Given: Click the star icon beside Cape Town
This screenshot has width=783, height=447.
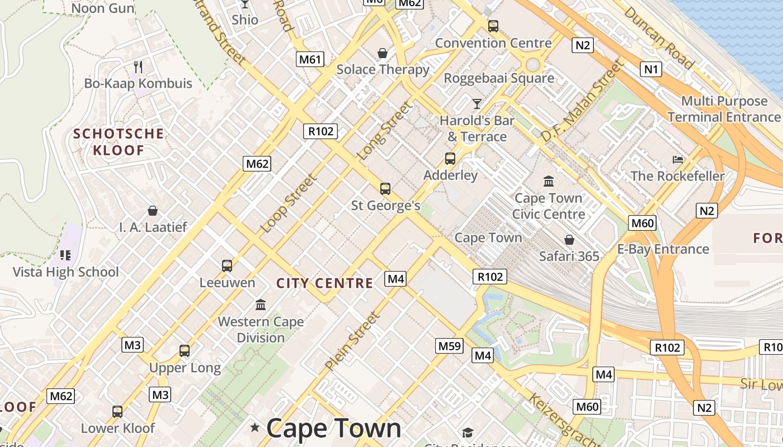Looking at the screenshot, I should coord(255,428).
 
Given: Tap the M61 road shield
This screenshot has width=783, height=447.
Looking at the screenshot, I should coord(310,59).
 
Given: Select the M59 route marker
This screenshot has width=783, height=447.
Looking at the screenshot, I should coord(450,346).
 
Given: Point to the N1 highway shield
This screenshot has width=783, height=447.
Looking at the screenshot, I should coord(651,69).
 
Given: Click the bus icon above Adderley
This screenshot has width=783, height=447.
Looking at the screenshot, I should coord(450,159).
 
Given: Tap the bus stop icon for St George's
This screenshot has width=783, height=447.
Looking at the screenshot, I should coord(385,189).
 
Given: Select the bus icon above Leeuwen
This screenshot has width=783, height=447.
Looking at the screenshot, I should coord(227,266).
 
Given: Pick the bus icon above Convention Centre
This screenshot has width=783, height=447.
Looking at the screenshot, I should coord(493,26).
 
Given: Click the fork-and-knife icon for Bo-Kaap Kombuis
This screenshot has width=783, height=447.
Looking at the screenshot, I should coord(138,67).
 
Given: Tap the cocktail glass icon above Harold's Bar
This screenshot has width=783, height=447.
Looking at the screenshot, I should coord(477,104).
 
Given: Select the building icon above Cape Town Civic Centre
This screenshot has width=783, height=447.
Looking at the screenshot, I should coord(548,182).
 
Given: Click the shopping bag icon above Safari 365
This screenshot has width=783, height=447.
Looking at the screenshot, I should coord(569,240).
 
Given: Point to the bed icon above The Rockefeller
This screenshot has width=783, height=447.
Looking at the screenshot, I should coord(677,160).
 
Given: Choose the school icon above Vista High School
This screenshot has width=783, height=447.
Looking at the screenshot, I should coord(65,255).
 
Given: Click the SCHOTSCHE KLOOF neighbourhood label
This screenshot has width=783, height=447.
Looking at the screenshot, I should coord(119,142).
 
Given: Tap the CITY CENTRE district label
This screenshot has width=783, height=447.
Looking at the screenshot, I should coord(324,283).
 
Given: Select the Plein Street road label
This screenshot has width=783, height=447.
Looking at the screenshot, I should coord(352,341).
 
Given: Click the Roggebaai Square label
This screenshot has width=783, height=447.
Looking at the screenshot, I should coord(499,78).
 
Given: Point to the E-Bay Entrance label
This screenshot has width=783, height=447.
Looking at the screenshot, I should coord(663,249).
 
